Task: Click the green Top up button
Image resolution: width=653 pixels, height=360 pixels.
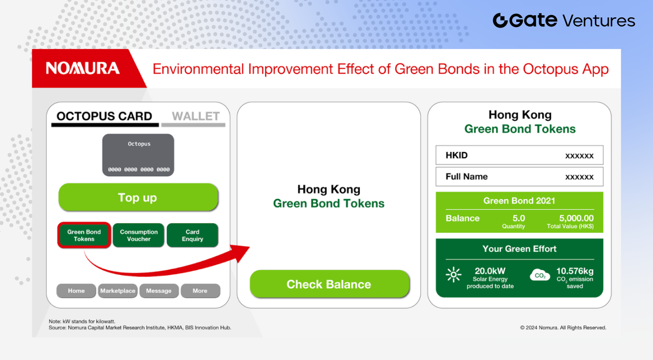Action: tap(138, 197)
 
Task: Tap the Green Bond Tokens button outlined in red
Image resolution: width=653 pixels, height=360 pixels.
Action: tap(84, 236)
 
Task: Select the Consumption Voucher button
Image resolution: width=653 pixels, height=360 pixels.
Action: tap(138, 236)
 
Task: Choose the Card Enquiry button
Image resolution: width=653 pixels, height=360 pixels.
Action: tap(192, 236)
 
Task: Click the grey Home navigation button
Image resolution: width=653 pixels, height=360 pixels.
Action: tap(76, 291)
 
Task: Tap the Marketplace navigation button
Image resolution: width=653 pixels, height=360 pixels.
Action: tap(117, 291)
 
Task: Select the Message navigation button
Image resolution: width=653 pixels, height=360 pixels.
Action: tap(159, 291)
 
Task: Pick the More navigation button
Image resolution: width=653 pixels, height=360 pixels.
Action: tap(200, 291)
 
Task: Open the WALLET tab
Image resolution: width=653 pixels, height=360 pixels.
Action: tap(195, 116)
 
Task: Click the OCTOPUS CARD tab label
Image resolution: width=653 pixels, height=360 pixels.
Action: tap(105, 116)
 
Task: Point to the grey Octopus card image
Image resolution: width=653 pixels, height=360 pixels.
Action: tap(138, 155)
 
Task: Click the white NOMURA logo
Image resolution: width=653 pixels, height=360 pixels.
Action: tap(83, 68)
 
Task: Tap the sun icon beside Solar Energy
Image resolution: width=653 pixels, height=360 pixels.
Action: tap(454, 275)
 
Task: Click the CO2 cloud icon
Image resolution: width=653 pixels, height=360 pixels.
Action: tap(540, 275)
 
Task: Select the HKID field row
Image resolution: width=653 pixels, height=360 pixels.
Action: tap(519, 155)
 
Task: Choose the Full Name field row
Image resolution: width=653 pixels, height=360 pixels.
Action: tap(519, 176)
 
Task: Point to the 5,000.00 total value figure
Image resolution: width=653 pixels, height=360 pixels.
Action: tap(576, 218)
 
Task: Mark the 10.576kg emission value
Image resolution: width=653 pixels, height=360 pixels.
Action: tap(575, 271)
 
